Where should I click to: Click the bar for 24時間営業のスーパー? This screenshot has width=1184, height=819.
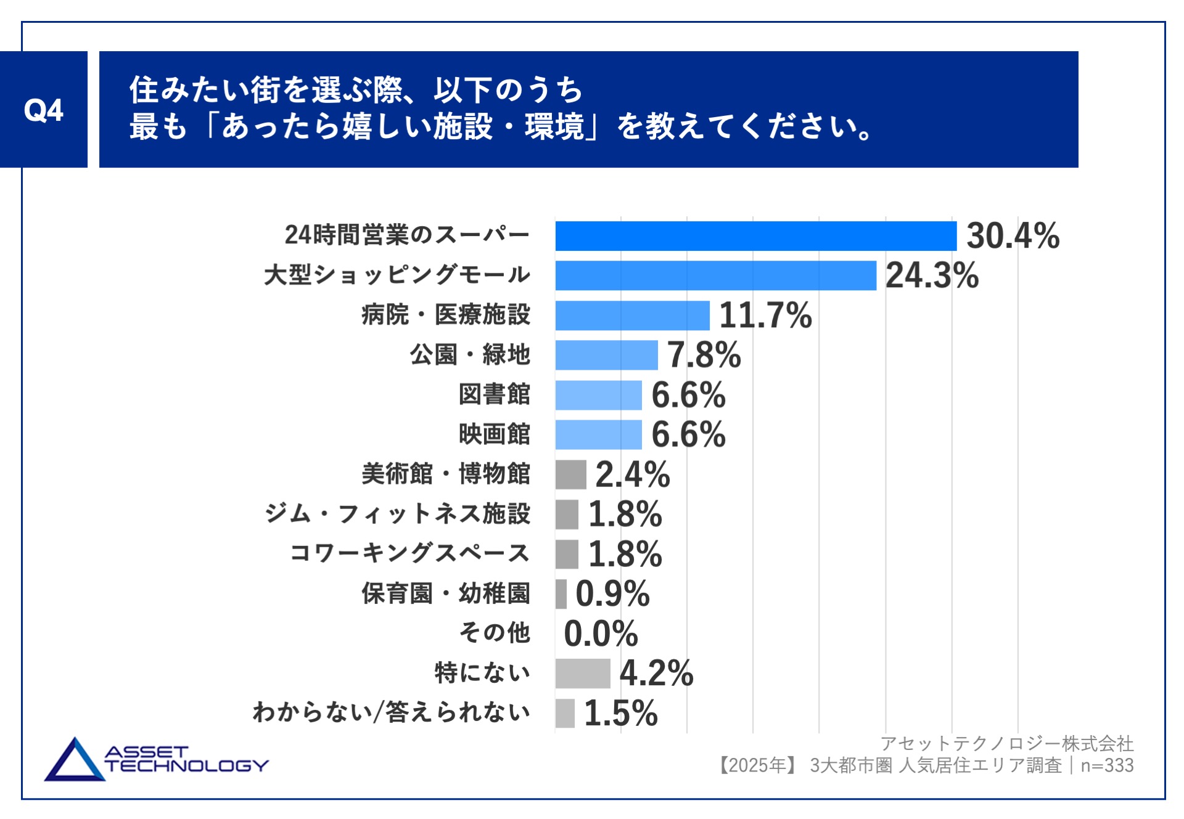(x=755, y=236)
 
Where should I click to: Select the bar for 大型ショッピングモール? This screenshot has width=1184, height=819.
(x=715, y=275)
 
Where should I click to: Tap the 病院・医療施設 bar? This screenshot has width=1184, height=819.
(x=632, y=316)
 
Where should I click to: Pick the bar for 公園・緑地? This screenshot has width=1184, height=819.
(x=606, y=355)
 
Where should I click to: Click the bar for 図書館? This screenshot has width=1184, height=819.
(x=598, y=395)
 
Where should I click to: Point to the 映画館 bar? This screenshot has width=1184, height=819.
(x=598, y=434)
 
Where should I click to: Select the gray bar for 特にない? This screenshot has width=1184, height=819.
(x=582, y=673)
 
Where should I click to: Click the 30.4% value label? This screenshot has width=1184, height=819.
(x=1013, y=236)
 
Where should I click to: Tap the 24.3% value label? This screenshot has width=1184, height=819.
(x=932, y=275)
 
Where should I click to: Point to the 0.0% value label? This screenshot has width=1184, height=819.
(x=601, y=634)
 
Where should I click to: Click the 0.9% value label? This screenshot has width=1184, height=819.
(x=612, y=593)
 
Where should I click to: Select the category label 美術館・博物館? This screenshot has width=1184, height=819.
(x=445, y=474)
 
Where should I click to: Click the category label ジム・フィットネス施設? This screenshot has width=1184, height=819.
(x=397, y=514)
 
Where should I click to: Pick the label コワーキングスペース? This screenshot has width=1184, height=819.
(x=409, y=553)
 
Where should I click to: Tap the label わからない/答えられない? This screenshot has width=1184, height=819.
(x=391, y=712)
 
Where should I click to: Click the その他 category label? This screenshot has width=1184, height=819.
(x=495, y=633)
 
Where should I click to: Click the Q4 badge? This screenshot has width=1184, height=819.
(x=43, y=110)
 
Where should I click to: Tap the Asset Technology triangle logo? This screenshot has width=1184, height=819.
(x=75, y=760)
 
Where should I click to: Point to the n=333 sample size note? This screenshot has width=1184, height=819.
(x=1107, y=765)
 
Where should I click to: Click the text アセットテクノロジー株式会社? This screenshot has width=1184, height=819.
(x=1006, y=744)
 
